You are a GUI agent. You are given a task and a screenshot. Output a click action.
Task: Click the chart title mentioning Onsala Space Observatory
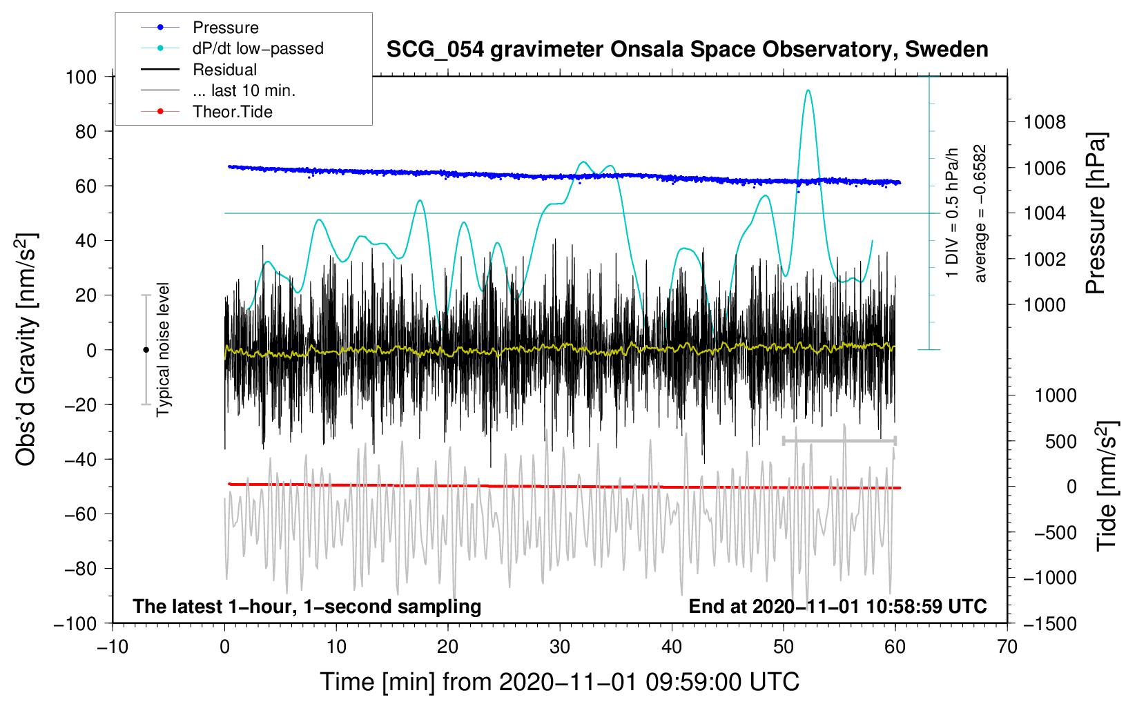tap(687, 50)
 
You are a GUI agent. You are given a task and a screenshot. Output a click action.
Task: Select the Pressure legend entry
tap(226, 28)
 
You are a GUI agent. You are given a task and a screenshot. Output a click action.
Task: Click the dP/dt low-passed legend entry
tap(258, 48)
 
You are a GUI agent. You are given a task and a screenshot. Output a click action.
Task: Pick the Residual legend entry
tap(224, 70)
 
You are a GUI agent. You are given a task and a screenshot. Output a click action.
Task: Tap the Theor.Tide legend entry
tap(232, 112)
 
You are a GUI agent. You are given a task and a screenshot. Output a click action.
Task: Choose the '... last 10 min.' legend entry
tap(244, 90)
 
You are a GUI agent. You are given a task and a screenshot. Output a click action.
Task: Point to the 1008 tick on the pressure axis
tap(1045, 123)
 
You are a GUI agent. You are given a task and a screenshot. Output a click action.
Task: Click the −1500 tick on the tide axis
tap(1049, 623)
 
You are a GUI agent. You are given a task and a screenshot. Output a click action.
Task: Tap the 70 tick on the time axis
tap(1007, 647)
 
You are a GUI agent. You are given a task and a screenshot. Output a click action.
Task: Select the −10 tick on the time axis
tap(113, 647)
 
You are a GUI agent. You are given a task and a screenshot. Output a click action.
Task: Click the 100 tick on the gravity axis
tap(81, 77)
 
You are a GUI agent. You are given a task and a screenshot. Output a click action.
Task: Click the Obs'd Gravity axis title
tap(26, 349)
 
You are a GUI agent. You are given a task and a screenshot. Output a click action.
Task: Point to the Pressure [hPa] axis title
tap(1096, 213)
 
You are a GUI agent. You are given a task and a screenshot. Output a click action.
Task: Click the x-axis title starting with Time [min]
tap(559, 682)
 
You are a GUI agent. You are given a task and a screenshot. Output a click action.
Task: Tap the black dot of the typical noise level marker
tap(146, 350)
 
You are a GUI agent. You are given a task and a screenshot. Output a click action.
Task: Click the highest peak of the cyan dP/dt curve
tap(808, 90)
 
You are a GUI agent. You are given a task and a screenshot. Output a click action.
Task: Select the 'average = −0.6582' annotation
tap(980, 213)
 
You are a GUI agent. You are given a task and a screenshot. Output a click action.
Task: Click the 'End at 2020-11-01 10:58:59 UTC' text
tap(837, 606)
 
